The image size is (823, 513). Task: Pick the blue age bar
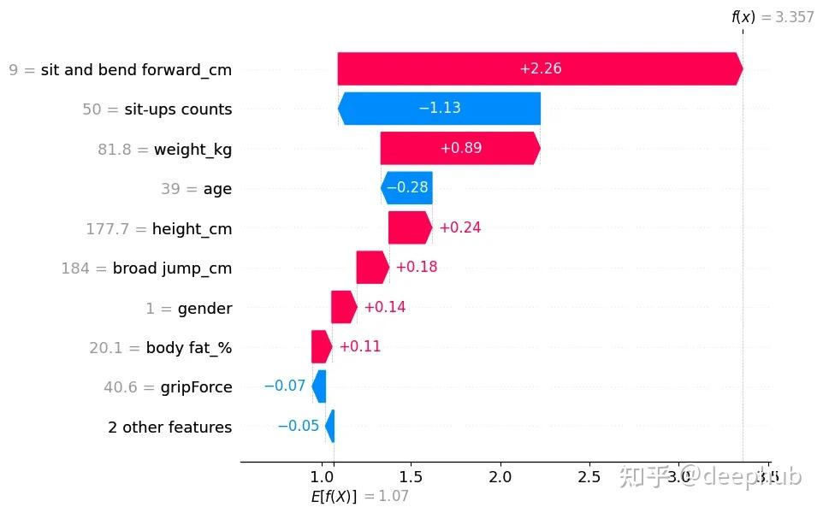[407, 188]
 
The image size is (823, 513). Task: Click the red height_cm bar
[410, 227]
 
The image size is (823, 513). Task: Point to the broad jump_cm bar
[372, 268]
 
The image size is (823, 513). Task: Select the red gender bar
[344, 307]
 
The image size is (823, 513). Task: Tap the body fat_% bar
[322, 346]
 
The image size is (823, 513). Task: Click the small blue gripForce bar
[319, 386]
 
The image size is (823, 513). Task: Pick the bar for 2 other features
[330, 426]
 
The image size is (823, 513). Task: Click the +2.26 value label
[540, 69]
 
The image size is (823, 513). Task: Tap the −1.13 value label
[440, 109]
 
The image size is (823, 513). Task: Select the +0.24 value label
[459, 227]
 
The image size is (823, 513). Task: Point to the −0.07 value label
[284, 386]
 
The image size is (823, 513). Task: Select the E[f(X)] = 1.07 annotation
[365, 496]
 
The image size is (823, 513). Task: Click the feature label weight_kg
[192, 149]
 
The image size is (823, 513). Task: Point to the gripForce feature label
[196, 387]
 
